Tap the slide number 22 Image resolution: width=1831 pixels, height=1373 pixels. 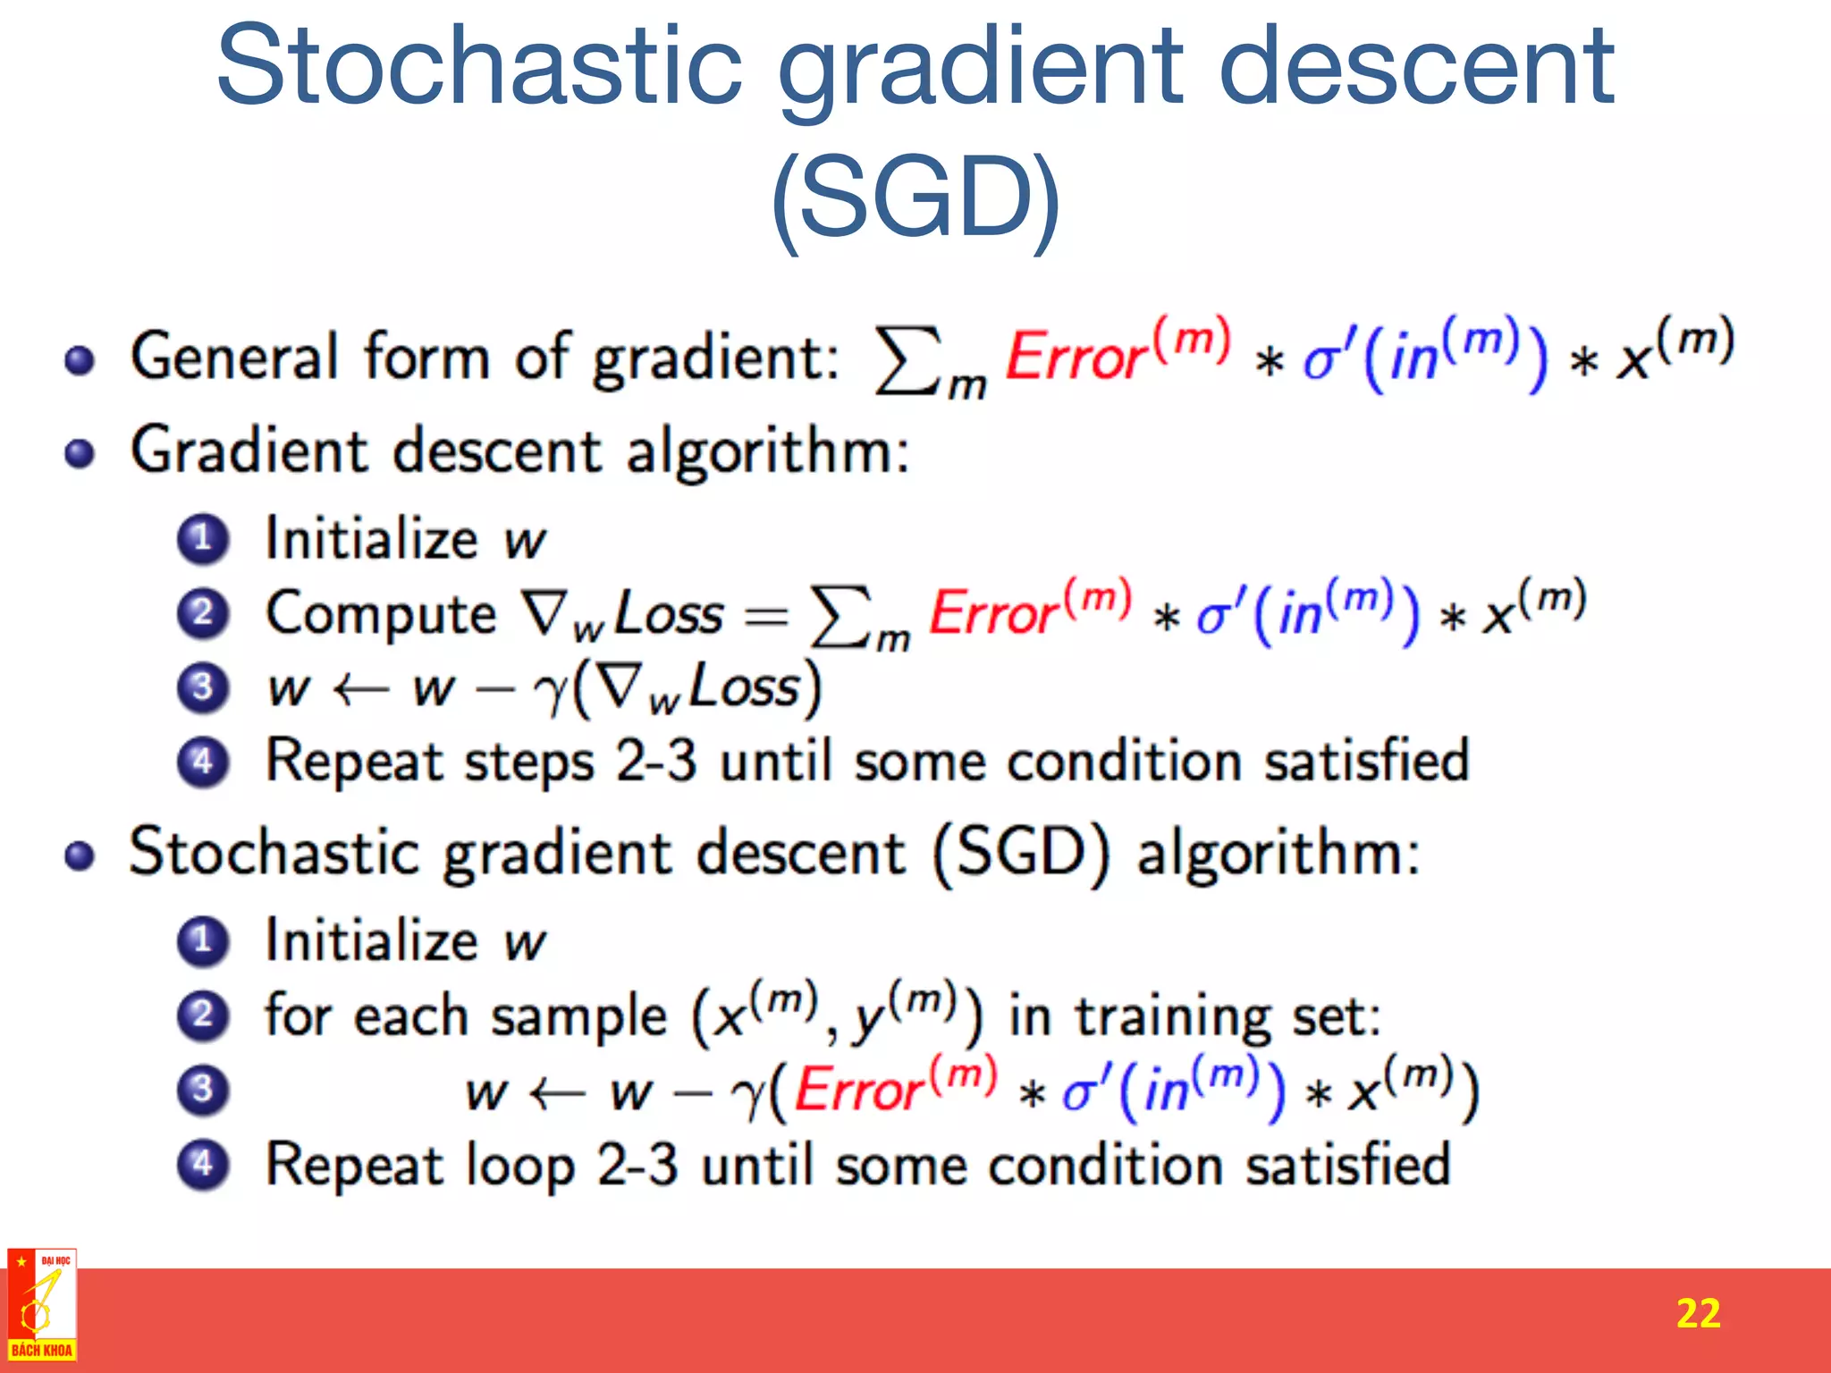coord(1698,1313)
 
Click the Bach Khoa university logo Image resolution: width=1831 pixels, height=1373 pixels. coord(41,1306)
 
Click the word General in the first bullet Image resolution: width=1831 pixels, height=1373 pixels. coord(234,356)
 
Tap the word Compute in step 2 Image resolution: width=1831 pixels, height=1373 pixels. coord(381,614)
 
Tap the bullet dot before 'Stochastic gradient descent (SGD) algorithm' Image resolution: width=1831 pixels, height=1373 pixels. coord(80,855)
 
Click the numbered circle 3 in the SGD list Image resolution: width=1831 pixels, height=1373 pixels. coord(203,1090)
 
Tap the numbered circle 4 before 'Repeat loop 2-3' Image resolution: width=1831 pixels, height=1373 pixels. coord(203,1164)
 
